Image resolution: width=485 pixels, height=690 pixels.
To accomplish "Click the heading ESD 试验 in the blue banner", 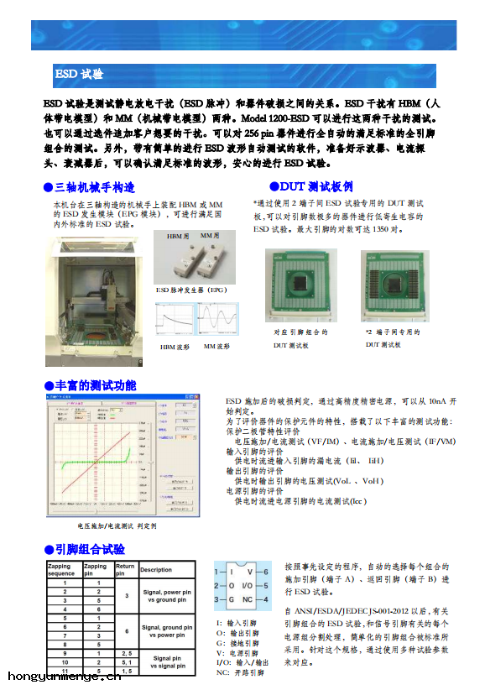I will (x=80, y=75).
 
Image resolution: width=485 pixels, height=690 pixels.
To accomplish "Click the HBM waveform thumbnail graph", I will (x=175, y=319).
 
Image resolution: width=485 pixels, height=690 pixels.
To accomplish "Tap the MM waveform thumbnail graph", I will (x=216, y=319).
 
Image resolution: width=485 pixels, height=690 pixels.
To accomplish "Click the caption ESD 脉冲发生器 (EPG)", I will (x=192, y=290).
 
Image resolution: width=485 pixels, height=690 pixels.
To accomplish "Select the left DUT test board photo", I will (x=300, y=285).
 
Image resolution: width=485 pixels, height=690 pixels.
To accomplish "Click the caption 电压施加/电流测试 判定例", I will (x=117, y=526).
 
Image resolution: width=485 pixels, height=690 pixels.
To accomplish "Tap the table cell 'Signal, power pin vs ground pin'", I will (x=166, y=596).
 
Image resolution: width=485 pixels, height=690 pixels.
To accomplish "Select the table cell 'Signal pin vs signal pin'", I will (x=166, y=663).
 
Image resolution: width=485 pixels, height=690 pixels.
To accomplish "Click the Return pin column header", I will (x=125, y=569).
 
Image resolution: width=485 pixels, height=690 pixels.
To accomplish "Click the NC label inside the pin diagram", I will (x=247, y=599).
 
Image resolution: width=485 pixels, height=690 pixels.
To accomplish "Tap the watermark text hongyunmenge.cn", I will (x=64, y=676).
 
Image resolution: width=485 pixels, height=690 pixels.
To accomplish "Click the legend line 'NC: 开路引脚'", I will (x=240, y=672).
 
